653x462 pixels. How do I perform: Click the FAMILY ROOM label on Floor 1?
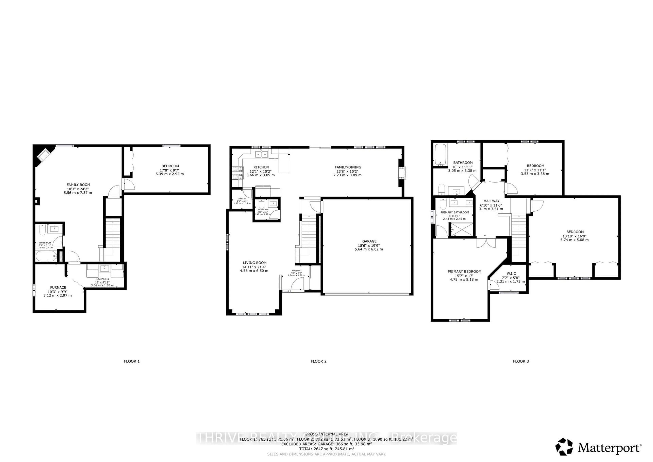tap(78, 185)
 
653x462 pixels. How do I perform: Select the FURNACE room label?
tap(58, 287)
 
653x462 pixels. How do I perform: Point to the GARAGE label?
tap(369, 241)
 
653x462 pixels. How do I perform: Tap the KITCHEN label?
tap(261, 167)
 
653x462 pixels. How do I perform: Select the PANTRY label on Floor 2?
tap(242, 199)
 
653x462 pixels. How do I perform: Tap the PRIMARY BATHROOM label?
tap(455, 212)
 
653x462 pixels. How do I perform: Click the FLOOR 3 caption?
tap(521, 361)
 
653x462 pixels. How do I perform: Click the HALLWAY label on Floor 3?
tap(491, 201)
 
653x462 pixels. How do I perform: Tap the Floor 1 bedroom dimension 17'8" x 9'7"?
tap(170, 170)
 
